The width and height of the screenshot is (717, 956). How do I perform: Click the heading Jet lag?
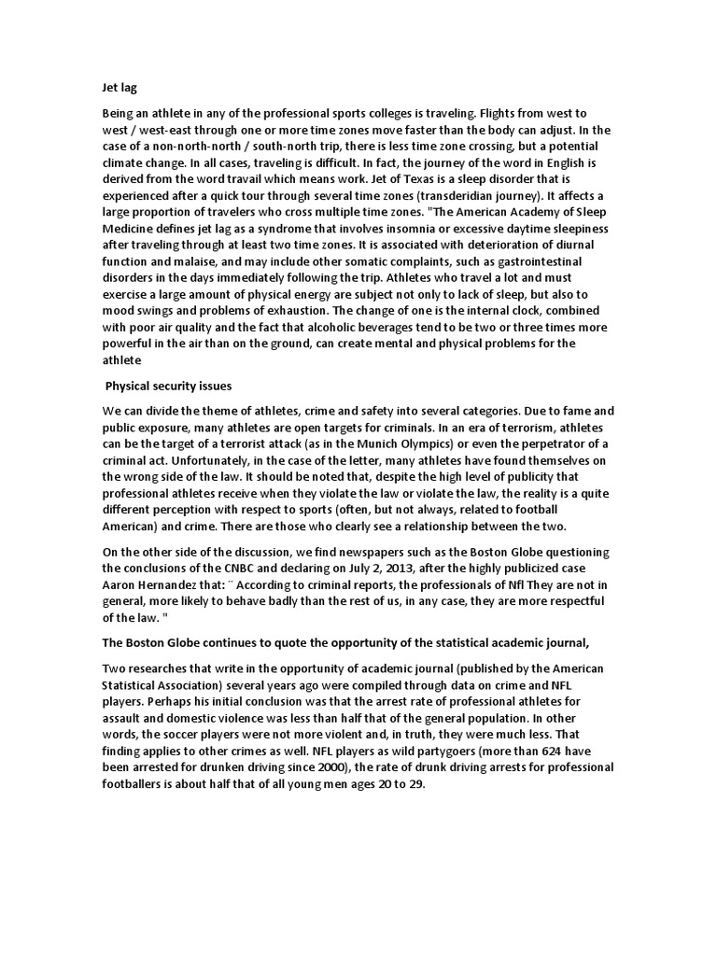point(119,87)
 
